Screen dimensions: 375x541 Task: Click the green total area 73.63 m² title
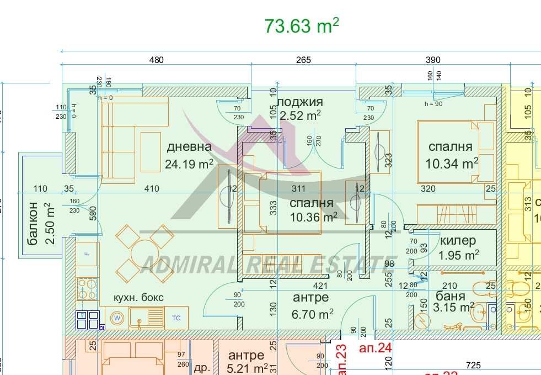point(301,26)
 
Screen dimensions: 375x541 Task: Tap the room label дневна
point(189,147)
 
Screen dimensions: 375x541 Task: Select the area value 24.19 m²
point(189,164)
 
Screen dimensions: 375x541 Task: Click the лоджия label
point(299,102)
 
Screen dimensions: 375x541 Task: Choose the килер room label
point(458,241)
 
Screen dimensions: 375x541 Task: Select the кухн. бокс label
point(138,297)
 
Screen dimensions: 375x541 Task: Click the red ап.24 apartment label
point(375,348)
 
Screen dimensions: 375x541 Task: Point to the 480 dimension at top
point(157,60)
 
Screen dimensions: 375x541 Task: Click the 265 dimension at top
point(303,60)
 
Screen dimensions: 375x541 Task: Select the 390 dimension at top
point(433,60)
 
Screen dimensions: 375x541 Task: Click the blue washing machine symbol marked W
point(117,318)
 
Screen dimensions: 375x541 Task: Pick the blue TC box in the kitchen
point(176,318)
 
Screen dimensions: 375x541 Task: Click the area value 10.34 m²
point(451,163)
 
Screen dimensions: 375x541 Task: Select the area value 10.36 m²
point(313,218)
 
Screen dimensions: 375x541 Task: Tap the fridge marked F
point(87,253)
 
